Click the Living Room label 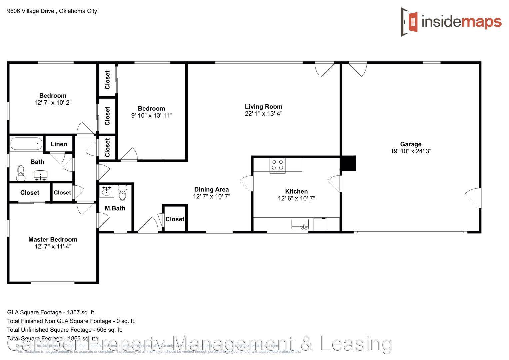(263, 107)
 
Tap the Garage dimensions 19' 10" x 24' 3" (411, 151)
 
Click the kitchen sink (300, 224)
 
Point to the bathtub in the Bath (26, 144)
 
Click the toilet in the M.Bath (123, 193)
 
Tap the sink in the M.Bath (107, 191)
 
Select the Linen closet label (59, 144)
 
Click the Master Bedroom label (53, 239)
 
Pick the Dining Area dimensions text (211, 197)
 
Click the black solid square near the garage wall (348, 163)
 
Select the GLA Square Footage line (51, 312)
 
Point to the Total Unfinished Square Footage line (65, 330)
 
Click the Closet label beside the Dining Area (175, 219)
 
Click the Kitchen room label (296, 191)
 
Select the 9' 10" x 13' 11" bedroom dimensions (151, 116)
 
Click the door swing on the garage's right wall (473, 198)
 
